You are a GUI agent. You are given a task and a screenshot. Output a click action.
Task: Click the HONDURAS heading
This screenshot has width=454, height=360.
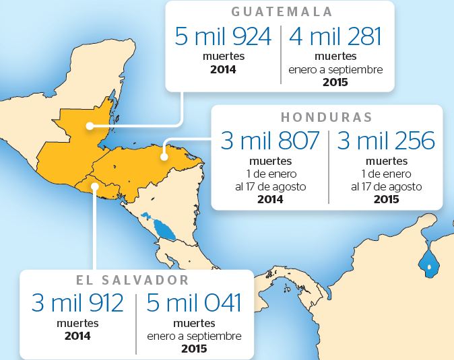click(327, 116)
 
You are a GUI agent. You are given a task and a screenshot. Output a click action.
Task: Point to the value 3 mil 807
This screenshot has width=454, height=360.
click(269, 141)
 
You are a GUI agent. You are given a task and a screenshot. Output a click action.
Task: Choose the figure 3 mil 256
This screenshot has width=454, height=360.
click(386, 141)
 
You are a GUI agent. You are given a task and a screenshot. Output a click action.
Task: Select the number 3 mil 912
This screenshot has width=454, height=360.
click(78, 303)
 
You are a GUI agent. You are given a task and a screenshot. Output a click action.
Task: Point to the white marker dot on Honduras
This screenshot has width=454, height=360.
click(163, 157)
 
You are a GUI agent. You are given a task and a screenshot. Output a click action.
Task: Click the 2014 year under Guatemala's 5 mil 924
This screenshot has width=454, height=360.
click(223, 69)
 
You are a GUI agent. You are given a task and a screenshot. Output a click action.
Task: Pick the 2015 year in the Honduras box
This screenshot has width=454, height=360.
click(386, 199)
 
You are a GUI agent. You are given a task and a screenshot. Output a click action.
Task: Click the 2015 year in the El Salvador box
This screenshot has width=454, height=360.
click(194, 349)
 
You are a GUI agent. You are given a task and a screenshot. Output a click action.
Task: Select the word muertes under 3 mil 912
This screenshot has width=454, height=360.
click(78, 323)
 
